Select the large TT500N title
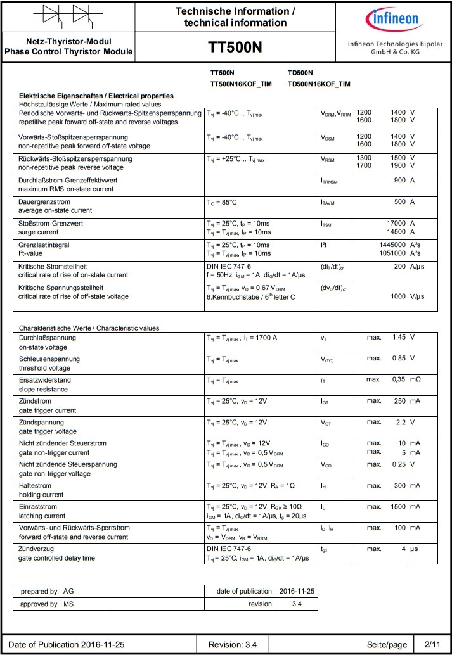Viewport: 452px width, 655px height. (x=235, y=48)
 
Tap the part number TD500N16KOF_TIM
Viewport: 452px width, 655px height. (x=318, y=84)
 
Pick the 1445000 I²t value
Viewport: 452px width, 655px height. (x=392, y=245)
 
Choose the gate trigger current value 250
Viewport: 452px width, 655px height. (x=398, y=400)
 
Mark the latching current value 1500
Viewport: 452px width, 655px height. (x=396, y=506)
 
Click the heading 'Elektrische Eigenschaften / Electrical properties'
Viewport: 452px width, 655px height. (x=96, y=96)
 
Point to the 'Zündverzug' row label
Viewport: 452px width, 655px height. (x=36, y=549)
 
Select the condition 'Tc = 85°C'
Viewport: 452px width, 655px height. (x=222, y=202)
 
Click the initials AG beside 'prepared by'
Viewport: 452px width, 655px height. (x=69, y=591)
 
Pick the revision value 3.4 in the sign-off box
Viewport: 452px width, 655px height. (x=297, y=604)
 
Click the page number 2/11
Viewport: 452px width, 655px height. (x=432, y=644)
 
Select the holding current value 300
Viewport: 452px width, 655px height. (x=398, y=485)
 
